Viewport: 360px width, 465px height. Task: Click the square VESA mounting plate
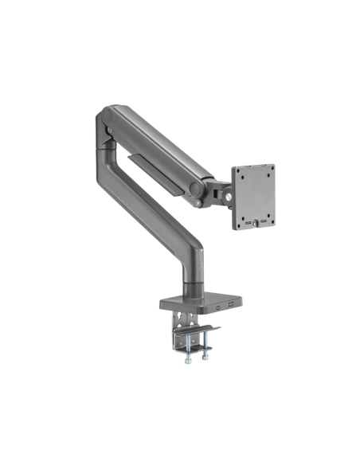(253, 196)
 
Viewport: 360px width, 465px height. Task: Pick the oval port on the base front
(216, 303)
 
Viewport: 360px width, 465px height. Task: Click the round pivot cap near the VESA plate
(194, 190)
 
